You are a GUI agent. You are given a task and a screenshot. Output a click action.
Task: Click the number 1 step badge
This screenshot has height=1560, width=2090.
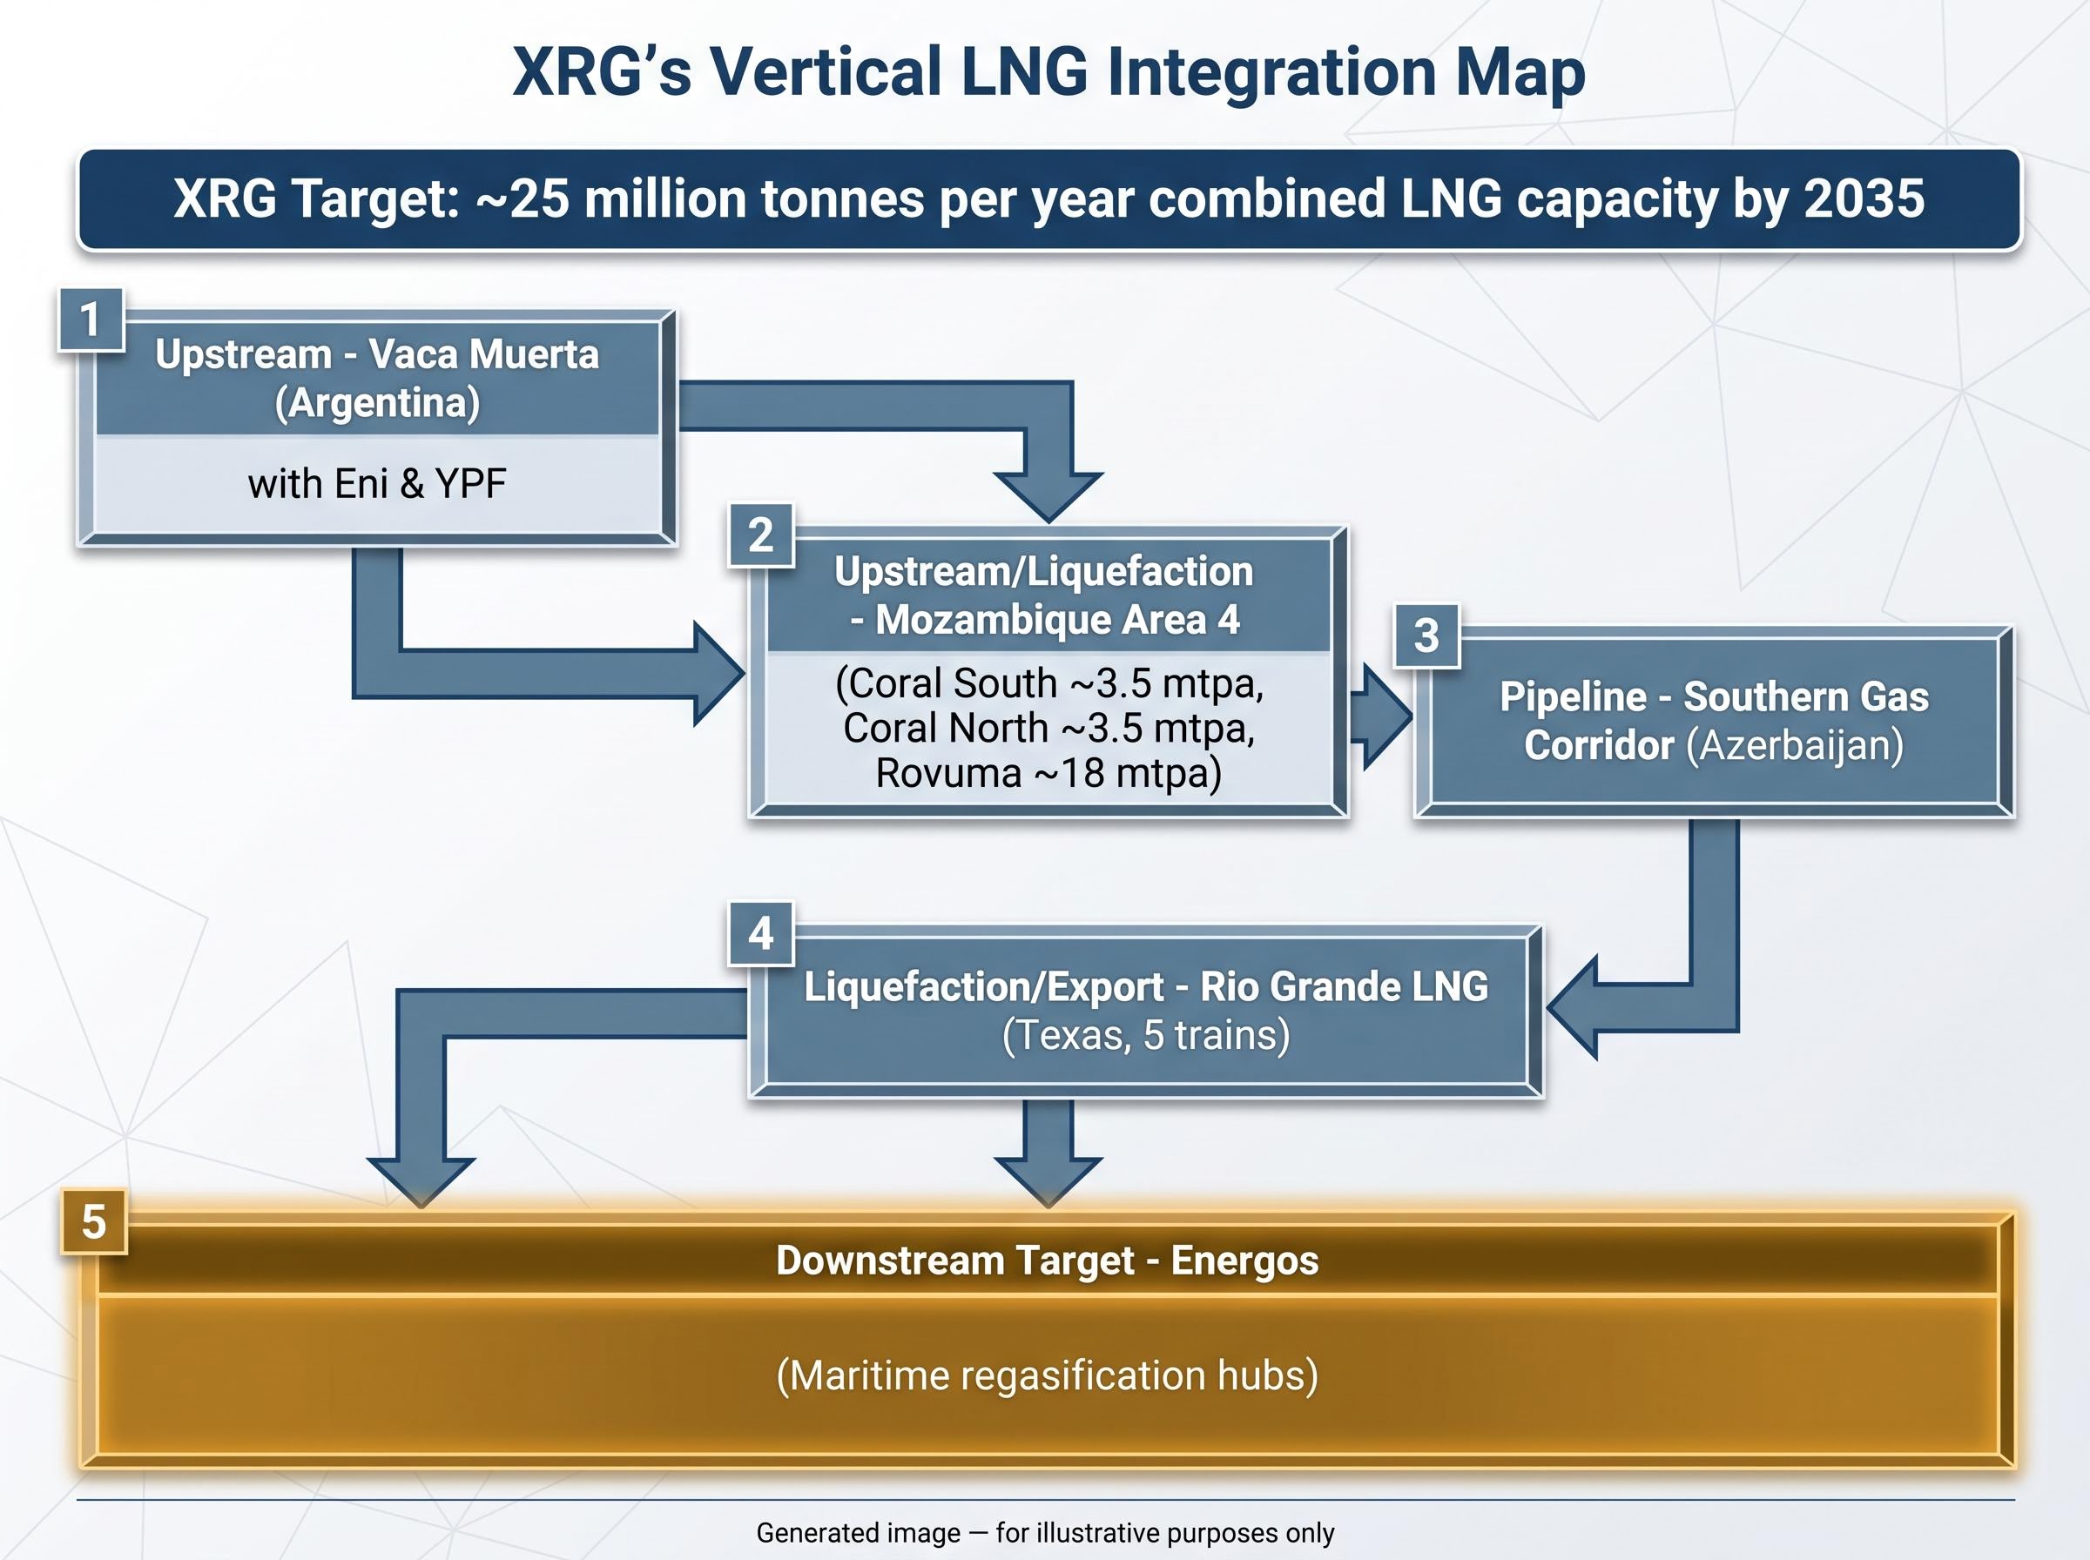[x=91, y=319]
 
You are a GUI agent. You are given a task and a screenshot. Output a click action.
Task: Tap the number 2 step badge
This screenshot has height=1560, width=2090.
[x=761, y=535]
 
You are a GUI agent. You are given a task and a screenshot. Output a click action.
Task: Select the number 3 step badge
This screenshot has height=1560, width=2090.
[x=1427, y=635]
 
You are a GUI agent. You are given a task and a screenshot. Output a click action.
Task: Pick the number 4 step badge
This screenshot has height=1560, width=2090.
[x=761, y=934]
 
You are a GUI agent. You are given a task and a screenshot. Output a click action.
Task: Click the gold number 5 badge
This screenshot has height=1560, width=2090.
[x=93, y=1222]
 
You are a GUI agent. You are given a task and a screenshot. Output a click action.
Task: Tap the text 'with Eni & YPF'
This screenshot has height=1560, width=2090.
[x=377, y=483]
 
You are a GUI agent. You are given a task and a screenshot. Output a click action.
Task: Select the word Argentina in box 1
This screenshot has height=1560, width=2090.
[x=377, y=403]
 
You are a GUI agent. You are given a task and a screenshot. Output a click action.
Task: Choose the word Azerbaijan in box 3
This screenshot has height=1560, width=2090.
[x=1795, y=745]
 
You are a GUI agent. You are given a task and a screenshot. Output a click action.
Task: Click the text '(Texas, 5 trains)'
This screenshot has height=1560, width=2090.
[x=1145, y=1035]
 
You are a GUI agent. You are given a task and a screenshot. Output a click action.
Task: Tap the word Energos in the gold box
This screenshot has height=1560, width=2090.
[x=1244, y=1261]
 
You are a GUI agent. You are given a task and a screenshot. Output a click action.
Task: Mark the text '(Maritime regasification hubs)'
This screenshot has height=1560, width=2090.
[x=1048, y=1375]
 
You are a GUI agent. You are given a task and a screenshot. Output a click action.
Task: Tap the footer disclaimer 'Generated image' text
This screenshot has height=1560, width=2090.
[x=859, y=1533]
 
